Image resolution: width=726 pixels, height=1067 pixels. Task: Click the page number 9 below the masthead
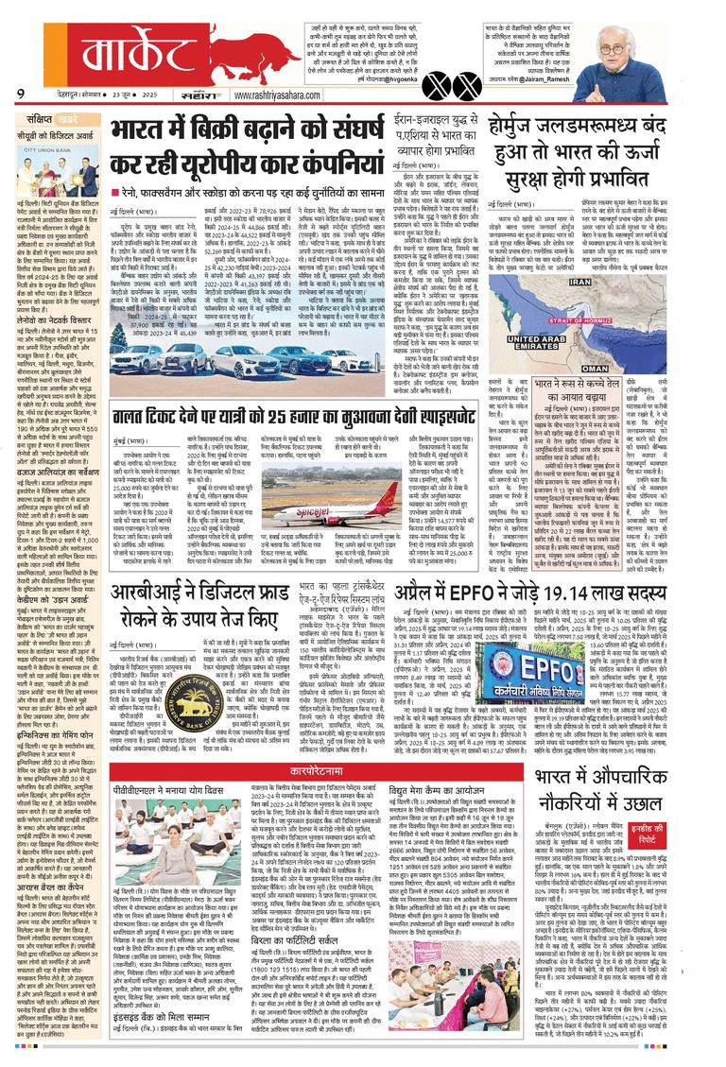pyautogui.click(x=20, y=93)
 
